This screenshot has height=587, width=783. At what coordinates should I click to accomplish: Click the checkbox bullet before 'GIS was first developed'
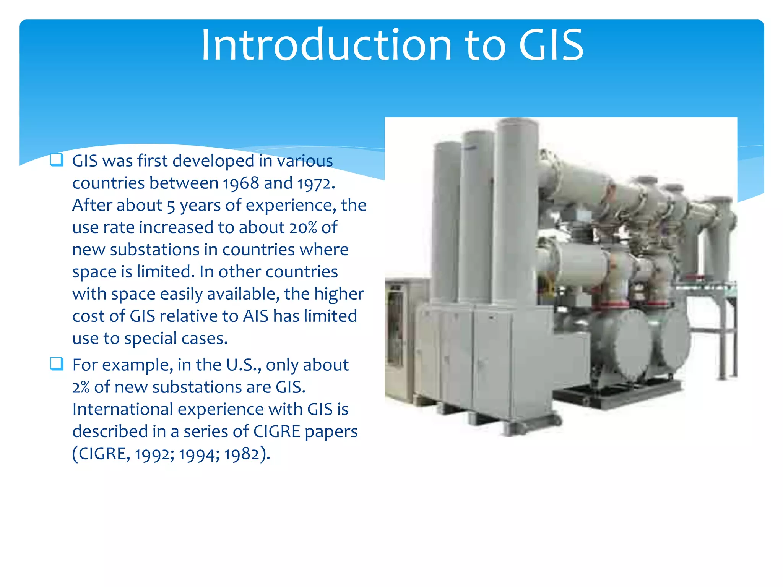pos(57,159)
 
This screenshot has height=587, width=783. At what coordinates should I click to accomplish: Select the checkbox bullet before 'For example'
pos(57,363)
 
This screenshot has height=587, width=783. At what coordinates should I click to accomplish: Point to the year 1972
pos(314,183)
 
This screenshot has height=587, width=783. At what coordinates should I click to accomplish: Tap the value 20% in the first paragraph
pos(303,228)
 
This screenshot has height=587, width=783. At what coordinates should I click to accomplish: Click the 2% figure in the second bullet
pos(81,388)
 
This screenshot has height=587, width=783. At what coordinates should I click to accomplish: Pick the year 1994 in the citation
pos(198,454)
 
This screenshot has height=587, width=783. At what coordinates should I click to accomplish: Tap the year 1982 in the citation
pos(242,454)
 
